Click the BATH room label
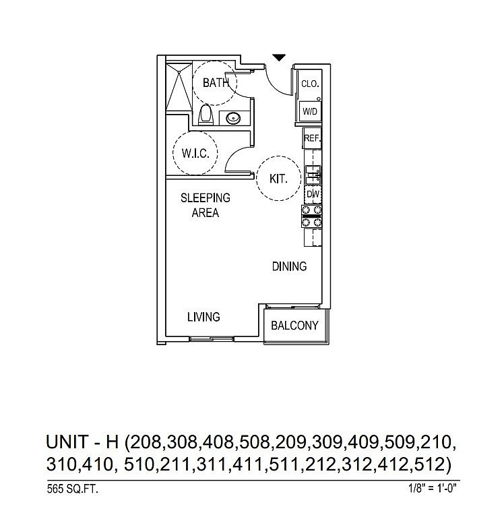216,84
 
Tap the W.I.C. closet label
195,154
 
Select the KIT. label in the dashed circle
278,179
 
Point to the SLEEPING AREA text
205,205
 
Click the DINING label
289,266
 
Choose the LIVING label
203,316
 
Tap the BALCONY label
294,326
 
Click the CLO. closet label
310,84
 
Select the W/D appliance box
310,111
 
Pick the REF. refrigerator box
311,138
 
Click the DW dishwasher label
312,194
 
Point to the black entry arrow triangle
279,58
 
